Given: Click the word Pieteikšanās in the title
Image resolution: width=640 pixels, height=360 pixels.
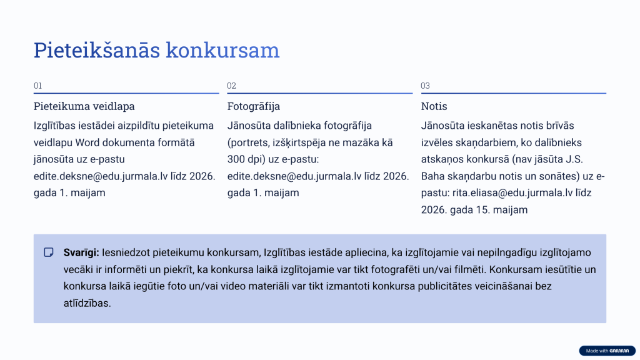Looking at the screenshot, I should click(x=97, y=50).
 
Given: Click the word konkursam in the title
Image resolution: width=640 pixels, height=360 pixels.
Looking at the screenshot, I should click(x=222, y=50).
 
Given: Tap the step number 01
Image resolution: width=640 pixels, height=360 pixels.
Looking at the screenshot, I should click(x=38, y=86).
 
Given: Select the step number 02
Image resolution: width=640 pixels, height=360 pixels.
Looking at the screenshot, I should click(x=232, y=86).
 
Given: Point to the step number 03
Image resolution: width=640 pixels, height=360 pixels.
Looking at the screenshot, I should click(x=426, y=86).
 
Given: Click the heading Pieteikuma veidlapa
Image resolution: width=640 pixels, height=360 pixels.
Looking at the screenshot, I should click(x=84, y=106).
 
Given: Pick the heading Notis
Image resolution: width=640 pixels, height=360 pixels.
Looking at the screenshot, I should click(x=434, y=106).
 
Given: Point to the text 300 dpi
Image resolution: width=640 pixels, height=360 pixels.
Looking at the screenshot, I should click(x=247, y=159).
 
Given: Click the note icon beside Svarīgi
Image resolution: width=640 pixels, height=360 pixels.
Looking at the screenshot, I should click(x=49, y=252).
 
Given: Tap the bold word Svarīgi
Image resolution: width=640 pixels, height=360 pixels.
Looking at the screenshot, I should click(x=81, y=252).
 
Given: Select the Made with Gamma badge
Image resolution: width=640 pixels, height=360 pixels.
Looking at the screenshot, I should click(x=606, y=351).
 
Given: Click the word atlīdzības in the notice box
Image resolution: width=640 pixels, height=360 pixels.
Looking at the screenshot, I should click(x=87, y=303).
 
